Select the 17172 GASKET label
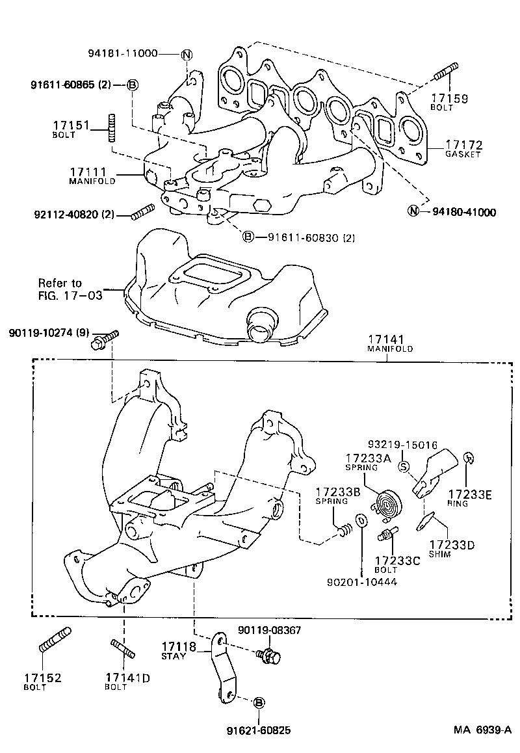click(463, 148)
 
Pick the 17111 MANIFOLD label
click(93, 175)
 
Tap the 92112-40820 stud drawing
click(142, 211)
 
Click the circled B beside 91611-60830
click(248, 237)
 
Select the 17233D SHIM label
click(448, 549)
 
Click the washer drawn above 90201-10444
click(361, 520)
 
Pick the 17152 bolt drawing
click(55, 640)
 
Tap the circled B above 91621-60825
click(258, 703)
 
